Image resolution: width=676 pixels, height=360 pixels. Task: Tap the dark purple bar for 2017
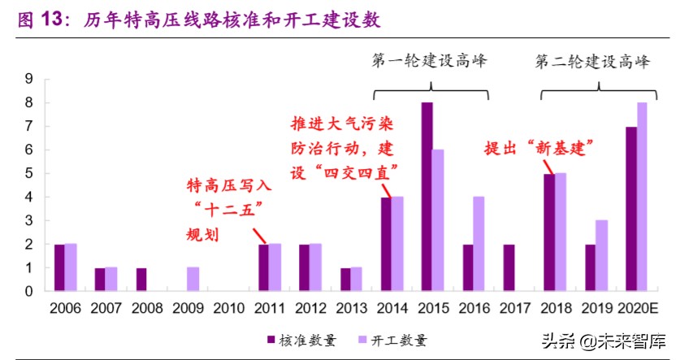(x=509, y=267)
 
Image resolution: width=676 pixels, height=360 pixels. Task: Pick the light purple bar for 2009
(x=193, y=279)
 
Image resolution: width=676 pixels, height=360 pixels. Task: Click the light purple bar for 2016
(x=479, y=244)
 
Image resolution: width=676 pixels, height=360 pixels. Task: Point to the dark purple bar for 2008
(x=141, y=279)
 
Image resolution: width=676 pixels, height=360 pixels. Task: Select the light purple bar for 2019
(x=601, y=255)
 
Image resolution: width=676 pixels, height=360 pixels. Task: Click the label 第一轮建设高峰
(x=430, y=61)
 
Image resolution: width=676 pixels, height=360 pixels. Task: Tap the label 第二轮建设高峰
(x=594, y=61)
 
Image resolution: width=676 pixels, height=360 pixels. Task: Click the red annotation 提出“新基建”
(x=536, y=148)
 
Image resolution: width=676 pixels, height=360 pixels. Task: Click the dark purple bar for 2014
(x=386, y=244)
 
